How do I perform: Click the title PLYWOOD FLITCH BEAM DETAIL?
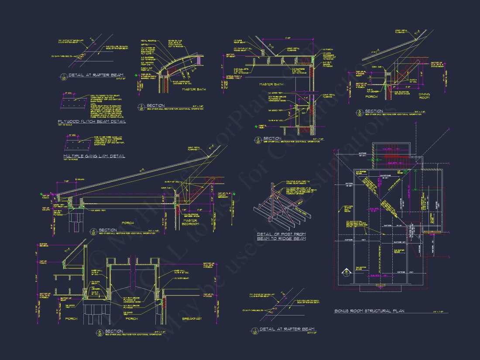coord(92,121)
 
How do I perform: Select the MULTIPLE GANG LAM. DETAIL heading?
coord(94,156)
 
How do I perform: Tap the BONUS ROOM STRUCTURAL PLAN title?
coord(369,311)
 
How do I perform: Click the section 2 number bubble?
coord(141,106)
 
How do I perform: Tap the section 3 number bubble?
coord(258,140)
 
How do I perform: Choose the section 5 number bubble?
coord(359,112)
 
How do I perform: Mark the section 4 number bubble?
coord(93,231)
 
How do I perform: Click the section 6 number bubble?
coord(99,332)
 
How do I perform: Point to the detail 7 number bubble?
coord(253,330)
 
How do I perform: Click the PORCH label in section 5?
coord(371,96)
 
